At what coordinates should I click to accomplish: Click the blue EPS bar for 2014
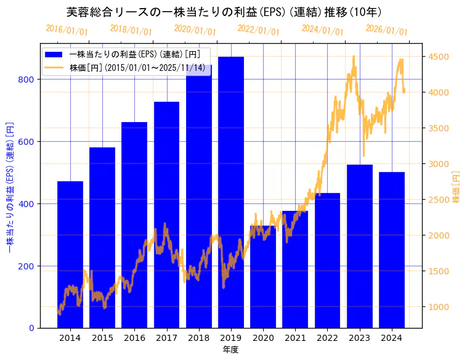(70, 254)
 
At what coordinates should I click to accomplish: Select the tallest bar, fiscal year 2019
(231, 192)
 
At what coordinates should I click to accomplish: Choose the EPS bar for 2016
(134, 224)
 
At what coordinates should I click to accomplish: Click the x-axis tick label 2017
(166, 338)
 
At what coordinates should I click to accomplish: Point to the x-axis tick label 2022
(327, 338)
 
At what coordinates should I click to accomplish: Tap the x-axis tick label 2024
(392, 338)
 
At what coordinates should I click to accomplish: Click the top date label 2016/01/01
(67, 30)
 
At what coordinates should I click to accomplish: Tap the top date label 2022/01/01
(258, 30)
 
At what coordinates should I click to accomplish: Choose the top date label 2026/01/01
(386, 30)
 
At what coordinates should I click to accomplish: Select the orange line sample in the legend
(54, 67)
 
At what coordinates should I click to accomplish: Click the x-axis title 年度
(231, 350)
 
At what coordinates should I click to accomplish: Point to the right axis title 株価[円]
(457, 187)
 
